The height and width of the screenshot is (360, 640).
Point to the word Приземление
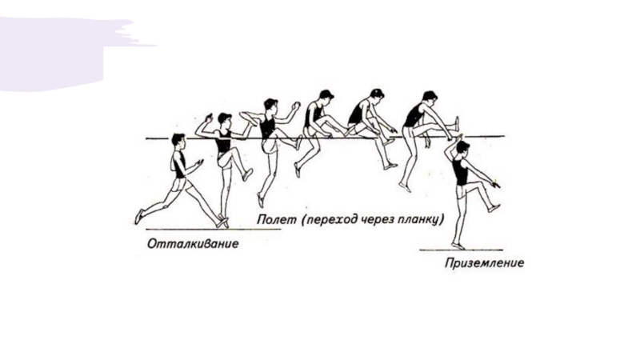pyautogui.click(x=485, y=262)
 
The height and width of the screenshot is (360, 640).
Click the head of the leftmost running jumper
pyautogui.click(x=178, y=141)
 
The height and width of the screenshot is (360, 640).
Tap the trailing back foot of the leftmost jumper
pyautogui.click(x=140, y=216)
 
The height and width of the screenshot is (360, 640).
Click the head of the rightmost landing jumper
pyautogui.click(x=463, y=148)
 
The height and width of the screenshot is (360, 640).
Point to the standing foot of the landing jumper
pyautogui.click(x=458, y=246)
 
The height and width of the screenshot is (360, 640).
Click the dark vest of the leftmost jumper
pyautogui.click(x=178, y=165)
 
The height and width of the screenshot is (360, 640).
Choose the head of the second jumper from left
pyautogui.click(x=224, y=119)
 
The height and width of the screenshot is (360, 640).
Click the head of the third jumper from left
pyautogui.click(x=271, y=105)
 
